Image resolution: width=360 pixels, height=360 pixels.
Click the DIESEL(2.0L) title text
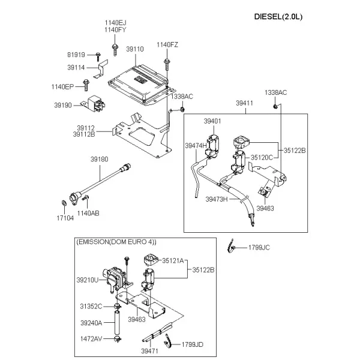coord(278,17)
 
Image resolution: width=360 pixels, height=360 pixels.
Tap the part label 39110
coord(135,49)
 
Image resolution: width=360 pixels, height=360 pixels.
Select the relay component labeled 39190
coord(95,104)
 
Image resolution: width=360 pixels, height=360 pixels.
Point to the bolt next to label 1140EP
coord(86,85)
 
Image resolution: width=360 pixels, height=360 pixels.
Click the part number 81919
coord(76,55)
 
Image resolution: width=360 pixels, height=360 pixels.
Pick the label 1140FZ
coord(167,44)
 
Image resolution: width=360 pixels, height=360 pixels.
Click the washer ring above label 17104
coord(64,203)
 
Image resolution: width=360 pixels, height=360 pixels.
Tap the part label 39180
coord(99,159)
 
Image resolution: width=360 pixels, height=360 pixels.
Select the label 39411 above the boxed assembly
coord(245,103)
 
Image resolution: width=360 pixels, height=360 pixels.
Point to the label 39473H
coord(217,199)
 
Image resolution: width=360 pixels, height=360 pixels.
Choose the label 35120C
coord(262,157)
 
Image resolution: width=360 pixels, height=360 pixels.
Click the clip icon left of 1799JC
coord(231,246)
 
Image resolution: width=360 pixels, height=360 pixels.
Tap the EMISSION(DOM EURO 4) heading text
coord(116,242)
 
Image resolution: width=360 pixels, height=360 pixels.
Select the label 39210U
coord(88,280)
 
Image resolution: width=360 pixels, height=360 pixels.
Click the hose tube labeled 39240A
coord(117,323)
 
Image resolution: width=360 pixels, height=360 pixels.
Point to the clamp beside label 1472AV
coord(118,338)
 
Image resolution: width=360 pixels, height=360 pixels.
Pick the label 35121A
coord(173,260)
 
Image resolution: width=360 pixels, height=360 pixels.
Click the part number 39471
coord(149,351)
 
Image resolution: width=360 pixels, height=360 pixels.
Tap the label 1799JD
coord(193,344)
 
